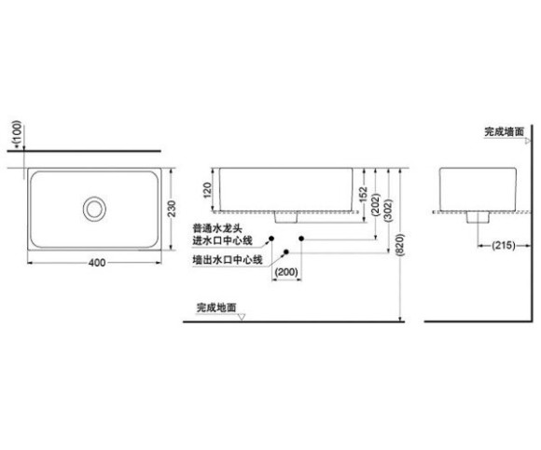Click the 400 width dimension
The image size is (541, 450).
(97, 263)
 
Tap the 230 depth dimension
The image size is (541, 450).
(172, 209)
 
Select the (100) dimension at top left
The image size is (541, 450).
(17, 132)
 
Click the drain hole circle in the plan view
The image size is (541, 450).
(94, 209)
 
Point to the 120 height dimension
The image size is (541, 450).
(207, 190)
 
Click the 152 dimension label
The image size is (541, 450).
(363, 195)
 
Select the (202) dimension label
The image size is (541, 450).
(376, 205)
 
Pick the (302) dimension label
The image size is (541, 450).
(389, 211)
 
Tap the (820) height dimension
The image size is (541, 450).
(400, 245)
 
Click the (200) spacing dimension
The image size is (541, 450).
(286, 272)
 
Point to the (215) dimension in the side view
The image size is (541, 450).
(504, 245)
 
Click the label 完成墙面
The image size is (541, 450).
(505, 131)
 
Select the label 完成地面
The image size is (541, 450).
(216, 307)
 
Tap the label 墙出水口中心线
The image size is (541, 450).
(228, 259)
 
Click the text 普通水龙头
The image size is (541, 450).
(217, 228)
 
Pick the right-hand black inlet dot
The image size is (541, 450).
(301, 239)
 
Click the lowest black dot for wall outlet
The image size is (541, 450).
(285, 252)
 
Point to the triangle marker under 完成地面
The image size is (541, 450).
(242, 317)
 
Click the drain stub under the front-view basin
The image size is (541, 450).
(285, 217)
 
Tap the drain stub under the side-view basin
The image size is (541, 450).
(478, 217)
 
